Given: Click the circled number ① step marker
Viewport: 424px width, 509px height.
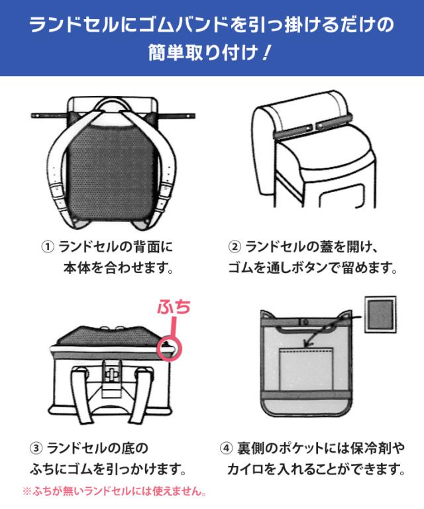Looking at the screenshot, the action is click(x=47, y=247).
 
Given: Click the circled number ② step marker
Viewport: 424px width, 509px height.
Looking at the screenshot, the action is click(x=235, y=247).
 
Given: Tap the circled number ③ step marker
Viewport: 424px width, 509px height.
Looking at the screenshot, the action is click(x=36, y=448).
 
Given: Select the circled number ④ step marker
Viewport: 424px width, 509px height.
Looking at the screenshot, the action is click(x=226, y=448).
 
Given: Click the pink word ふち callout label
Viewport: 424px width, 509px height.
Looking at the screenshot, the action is click(x=174, y=307).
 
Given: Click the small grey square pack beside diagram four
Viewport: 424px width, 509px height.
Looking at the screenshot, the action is click(x=380, y=314).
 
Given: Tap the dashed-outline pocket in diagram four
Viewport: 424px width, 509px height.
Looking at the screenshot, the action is click(x=306, y=369).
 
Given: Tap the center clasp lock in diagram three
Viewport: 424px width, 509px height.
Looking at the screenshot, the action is click(x=111, y=373).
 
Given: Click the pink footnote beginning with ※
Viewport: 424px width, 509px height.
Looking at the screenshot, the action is click(x=114, y=491).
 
